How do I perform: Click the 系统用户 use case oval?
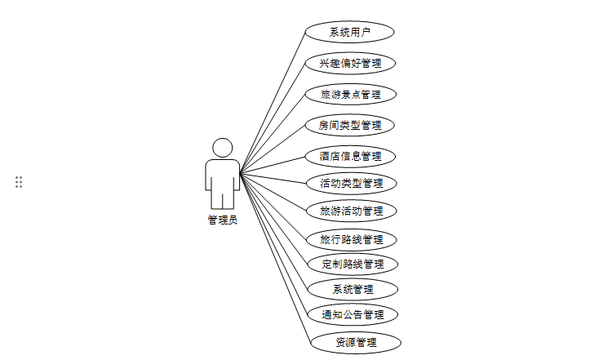[349, 32]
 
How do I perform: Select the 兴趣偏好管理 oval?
[351, 63]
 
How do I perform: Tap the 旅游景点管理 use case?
[351, 94]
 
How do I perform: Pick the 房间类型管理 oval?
[351, 125]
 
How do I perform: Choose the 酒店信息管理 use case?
[351, 155]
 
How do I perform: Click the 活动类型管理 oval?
[351, 183]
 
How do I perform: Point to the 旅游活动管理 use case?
[351, 211]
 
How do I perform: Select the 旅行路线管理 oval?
[352, 240]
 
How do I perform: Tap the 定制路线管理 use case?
[353, 264]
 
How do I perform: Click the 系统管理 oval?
[353, 289]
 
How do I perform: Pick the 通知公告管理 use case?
[353, 314]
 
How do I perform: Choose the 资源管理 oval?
[356, 341]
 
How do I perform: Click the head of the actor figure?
[222, 148]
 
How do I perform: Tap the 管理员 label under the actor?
[222, 220]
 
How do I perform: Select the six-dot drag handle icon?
[19, 182]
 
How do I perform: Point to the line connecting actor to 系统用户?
[273, 102]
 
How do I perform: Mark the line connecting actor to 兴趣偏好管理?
[271, 118]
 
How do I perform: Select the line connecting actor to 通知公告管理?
[274, 243]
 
